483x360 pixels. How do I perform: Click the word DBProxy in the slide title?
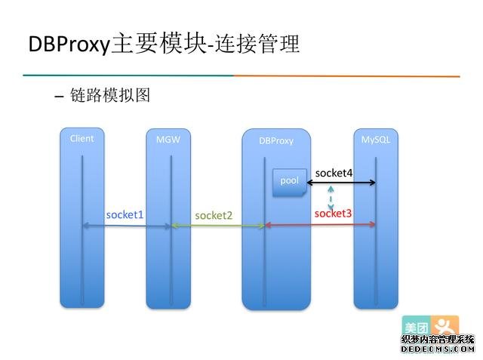pyautogui.click(x=69, y=45)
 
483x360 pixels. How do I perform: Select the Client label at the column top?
pyautogui.click(x=82, y=139)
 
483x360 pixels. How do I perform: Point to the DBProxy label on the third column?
pyautogui.click(x=275, y=140)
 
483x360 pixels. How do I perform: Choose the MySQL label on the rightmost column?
pyautogui.click(x=375, y=140)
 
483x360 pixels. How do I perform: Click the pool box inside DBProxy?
pyautogui.click(x=290, y=182)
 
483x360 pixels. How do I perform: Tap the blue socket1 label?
pyautogui.click(x=125, y=214)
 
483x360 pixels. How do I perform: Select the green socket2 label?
pyautogui.click(x=214, y=215)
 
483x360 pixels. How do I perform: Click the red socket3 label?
pyautogui.click(x=333, y=214)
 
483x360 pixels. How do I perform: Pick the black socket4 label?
pyautogui.click(x=334, y=173)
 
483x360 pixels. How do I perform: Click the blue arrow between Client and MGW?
pyautogui.click(x=126, y=225)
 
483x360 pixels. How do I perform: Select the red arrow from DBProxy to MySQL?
pyautogui.click(x=320, y=225)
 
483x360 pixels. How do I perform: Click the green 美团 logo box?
pyautogui.click(x=416, y=327)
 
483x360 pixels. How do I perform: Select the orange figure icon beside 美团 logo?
pyautogui.click(x=445, y=327)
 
